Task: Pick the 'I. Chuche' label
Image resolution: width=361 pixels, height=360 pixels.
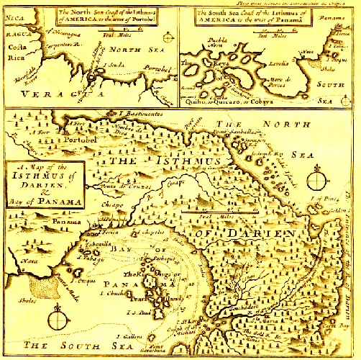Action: pyautogui.click(x=112, y=295)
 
